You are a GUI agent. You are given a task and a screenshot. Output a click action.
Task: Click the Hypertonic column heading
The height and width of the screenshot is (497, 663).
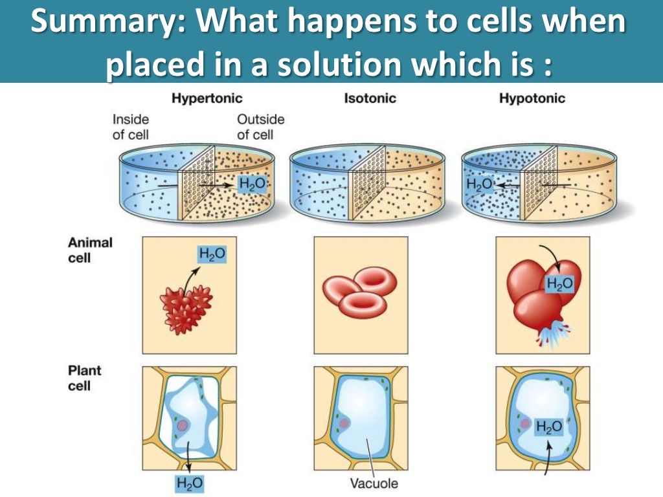pos(207,99)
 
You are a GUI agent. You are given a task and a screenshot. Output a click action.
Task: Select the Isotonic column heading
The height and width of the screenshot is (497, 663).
pos(370,98)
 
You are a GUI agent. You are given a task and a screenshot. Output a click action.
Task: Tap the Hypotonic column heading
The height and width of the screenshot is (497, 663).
pos(532,99)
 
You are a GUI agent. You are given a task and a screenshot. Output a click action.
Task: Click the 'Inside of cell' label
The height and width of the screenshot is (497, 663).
pos(131,127)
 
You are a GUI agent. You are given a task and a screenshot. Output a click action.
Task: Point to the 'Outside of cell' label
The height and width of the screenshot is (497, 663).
pos(260,127)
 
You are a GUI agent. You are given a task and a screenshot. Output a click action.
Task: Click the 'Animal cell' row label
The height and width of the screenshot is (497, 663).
pos(90,250)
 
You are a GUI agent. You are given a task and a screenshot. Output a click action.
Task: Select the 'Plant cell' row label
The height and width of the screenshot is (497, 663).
pos(85,378)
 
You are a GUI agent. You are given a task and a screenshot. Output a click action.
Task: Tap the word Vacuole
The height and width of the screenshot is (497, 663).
pos(374,483)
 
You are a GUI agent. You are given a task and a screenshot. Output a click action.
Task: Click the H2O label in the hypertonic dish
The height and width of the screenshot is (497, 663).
pos(252,184)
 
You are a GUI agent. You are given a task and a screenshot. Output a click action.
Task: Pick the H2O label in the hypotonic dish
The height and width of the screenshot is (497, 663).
pos(479,184)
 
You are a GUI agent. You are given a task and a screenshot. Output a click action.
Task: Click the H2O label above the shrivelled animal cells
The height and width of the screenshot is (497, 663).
pos(212,254)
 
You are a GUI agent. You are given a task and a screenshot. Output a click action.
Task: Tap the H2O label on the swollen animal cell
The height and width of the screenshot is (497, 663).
pos(560,283)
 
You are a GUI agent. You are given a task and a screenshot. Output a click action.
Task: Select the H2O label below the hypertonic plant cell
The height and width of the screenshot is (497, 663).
pos(189,483)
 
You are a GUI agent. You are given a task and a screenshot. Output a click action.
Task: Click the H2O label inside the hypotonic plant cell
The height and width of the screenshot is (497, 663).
pos(549,427)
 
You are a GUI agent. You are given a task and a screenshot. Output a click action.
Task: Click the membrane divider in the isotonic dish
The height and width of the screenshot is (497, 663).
pos(367,182)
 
